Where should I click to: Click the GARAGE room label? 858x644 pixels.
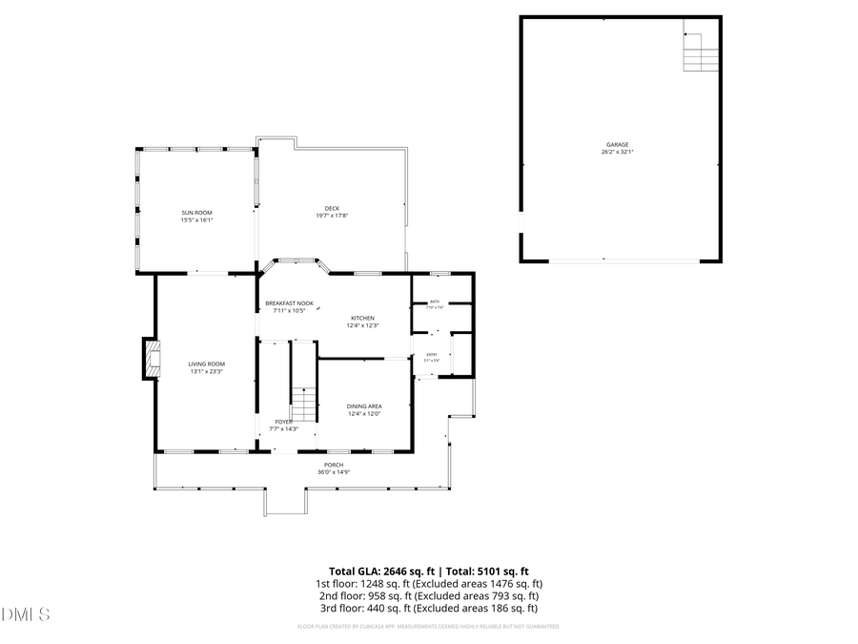617,145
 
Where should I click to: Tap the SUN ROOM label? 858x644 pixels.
197,212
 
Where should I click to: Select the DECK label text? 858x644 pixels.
332,208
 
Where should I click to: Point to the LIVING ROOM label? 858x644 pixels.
206,364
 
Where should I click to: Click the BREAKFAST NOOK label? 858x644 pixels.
289,303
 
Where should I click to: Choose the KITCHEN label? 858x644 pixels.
362,318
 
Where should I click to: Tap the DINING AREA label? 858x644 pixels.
364,405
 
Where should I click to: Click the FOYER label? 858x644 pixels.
284,421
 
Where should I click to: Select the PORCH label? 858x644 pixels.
333,465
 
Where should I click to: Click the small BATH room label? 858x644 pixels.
434,301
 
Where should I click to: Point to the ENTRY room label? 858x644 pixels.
431,355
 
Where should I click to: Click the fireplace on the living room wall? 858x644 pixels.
151,358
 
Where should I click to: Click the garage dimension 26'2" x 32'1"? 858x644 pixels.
617,153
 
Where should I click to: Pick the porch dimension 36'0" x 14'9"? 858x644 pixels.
333,472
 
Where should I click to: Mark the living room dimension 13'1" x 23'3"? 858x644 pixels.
206,371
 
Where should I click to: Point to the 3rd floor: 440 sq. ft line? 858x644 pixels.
428,608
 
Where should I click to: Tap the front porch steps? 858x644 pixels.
284,502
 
